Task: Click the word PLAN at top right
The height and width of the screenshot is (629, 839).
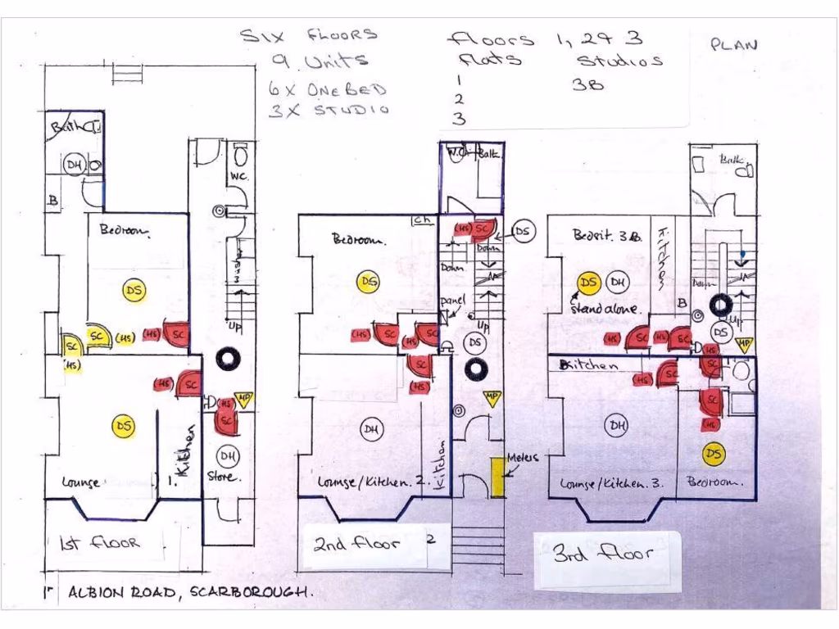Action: [733, 44]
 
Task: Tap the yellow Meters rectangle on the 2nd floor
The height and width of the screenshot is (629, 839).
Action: [497, 477]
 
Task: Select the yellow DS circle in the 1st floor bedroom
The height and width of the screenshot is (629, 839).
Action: [134, 289]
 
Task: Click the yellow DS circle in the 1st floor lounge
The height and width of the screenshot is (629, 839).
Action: [124, 426]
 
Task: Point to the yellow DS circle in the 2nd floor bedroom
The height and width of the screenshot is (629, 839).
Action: [369, 282]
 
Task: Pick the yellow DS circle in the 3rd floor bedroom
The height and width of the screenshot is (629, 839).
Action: [714, 454]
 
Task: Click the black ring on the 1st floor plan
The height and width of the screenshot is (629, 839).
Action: [227, 358]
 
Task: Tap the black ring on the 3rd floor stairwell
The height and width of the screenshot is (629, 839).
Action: [721, 305]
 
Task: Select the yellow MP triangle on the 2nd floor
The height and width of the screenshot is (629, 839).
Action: [492, 399]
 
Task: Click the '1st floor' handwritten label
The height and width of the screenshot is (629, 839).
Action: [100, 543]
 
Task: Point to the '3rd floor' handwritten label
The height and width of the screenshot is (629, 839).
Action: [603, 554]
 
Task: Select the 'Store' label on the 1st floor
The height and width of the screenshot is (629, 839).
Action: [223, 477]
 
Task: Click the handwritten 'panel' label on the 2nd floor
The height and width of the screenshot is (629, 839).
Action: [451, 302]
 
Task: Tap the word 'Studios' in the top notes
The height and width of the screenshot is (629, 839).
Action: [619, 61]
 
